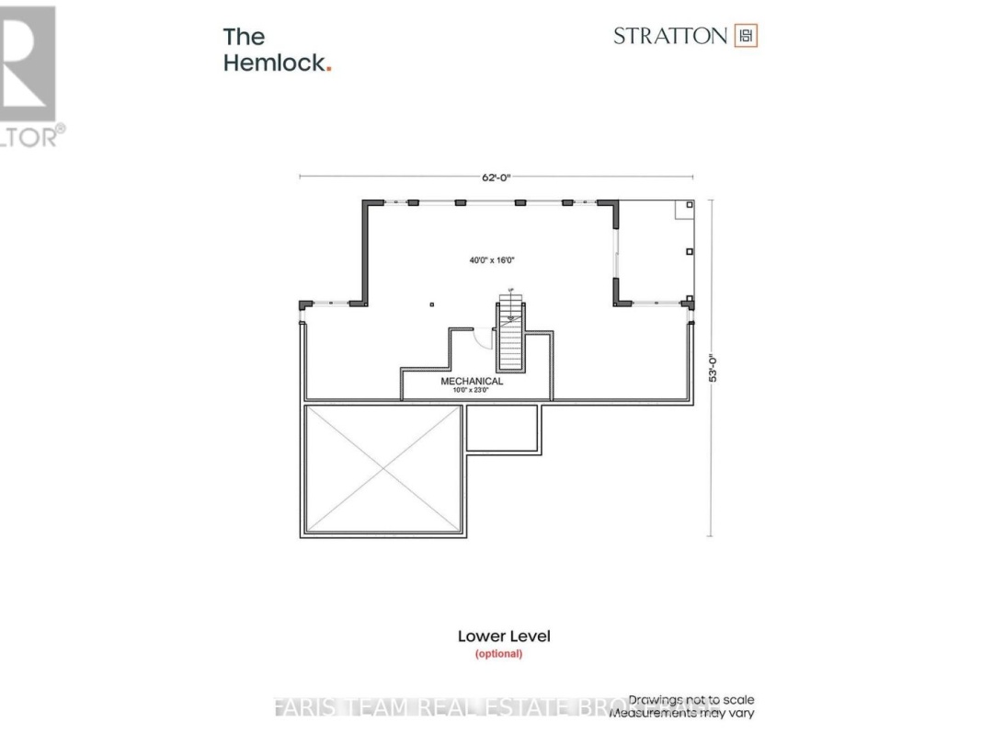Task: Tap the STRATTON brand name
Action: [670, 36]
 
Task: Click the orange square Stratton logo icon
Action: [746, 36]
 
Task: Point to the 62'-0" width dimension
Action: [496, 178]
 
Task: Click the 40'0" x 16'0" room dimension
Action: [492, 260]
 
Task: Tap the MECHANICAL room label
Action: [472, 381]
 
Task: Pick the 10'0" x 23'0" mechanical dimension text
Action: [472, 391]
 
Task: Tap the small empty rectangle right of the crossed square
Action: [502, 428]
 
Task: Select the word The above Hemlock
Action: [244, 37]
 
